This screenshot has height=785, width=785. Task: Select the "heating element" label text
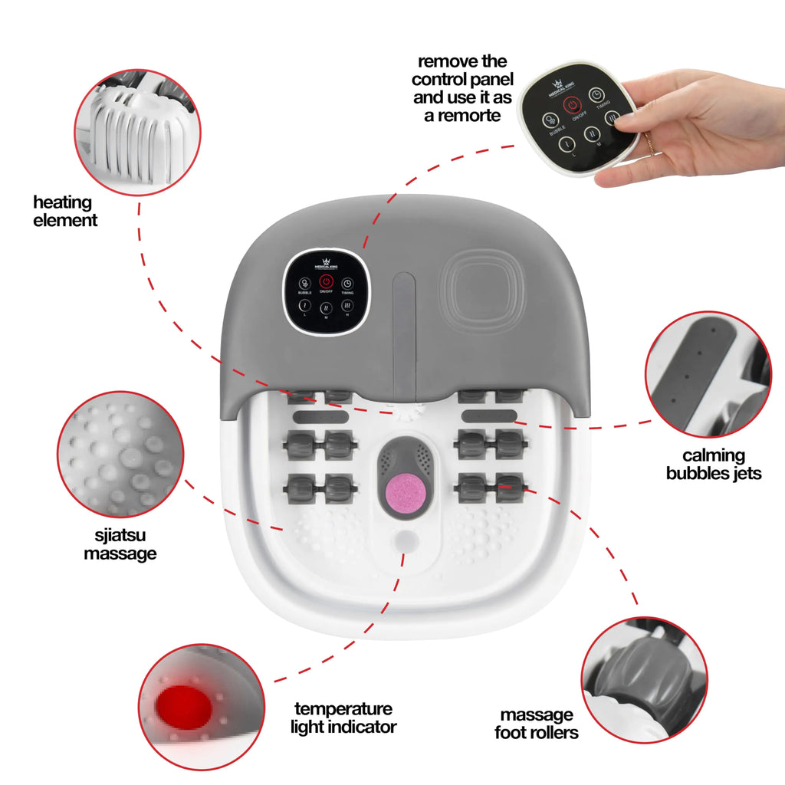click(65, 212)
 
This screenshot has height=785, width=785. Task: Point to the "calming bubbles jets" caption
click(713, 465)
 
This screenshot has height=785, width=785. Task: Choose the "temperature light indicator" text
click(343, 718)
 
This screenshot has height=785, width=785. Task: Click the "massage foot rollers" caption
click(537, 724)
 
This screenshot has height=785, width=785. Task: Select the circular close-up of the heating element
click(137, 132)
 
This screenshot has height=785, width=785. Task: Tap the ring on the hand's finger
click(649, 143)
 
